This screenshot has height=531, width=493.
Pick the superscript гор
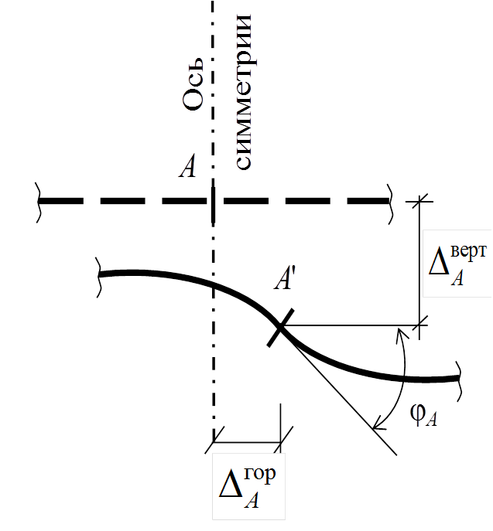[x=257, y=474]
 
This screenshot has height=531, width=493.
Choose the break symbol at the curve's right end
[x=461, y=377]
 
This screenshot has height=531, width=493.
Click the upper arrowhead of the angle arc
[x=400, y=333]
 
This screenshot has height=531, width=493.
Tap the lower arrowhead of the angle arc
[x=378, y=424]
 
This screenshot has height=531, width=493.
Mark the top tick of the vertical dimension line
[x=420, y=200]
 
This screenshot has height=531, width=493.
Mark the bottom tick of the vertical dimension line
[x=420, y=325]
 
